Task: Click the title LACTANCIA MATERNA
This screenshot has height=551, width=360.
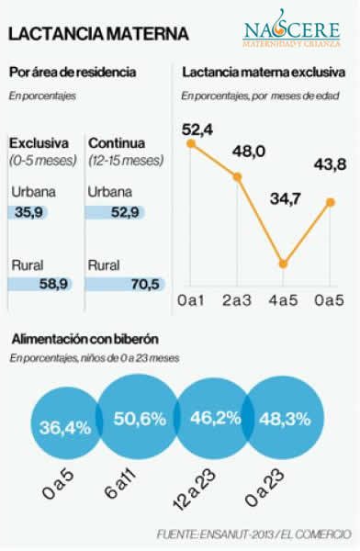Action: pyautogui.click(x=98, y=34)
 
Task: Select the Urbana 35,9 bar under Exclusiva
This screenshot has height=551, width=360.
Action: pyautogui.click(x=28, y=212)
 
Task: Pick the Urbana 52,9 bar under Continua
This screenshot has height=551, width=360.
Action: pyautogui.click(x=117, y=212)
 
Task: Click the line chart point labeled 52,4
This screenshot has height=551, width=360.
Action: pyautogui.click(x=190, y=143)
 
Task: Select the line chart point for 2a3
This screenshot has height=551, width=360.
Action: pyautogui.click(x=238, y=175)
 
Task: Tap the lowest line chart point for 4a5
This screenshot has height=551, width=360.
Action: pyautogui.click(x=284, y=264)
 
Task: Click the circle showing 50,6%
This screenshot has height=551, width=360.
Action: pyautogui.click(x=139, y=420)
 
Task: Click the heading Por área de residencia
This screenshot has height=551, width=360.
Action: pyautogui.click(x=73, y=72)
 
